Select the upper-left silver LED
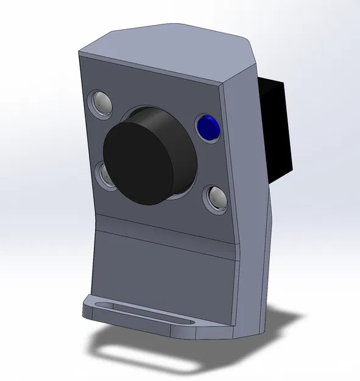point(101,102)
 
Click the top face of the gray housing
point(171,52)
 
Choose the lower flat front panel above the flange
point(164,274)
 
